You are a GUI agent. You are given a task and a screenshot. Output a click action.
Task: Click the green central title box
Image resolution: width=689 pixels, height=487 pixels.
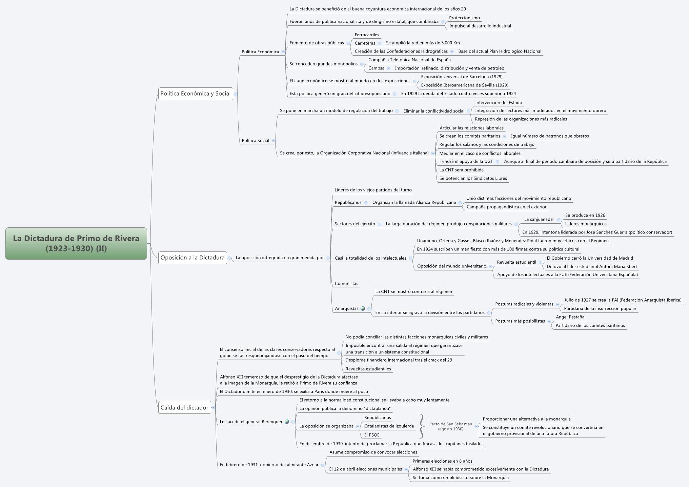pyautogui.click(x=76, y=243)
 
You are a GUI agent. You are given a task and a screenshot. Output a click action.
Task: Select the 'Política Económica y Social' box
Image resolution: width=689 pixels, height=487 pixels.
pyautogui.click(x=196, y=94)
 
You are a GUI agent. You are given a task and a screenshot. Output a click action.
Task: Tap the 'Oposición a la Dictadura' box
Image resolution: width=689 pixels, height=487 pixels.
pyautogui.click(x=192, y=258)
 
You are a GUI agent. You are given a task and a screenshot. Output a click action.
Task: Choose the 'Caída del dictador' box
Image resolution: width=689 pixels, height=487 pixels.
pyautogui.click(x=184, y=407)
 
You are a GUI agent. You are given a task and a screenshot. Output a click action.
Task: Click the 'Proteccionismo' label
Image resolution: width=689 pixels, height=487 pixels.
pyautogui.click(x=464, y=18)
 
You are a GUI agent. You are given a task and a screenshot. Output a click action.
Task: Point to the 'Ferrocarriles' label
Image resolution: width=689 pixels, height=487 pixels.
pyautogui.click(x=367, y=35)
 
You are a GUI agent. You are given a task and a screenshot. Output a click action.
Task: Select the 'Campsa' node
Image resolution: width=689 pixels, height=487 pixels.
pyautogui.click(x=376, y=68)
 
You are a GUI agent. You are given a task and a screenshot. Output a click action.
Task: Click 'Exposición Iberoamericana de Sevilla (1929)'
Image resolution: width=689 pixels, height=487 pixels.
pyautogui.click(x=464, y=85)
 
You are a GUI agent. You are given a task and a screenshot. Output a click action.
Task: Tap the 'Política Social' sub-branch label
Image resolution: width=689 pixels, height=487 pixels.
pyautogui.click(x=255, y=140)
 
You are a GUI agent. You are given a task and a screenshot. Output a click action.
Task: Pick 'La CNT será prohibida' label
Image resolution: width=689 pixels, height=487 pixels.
pyautogui.click(x=461, y=170)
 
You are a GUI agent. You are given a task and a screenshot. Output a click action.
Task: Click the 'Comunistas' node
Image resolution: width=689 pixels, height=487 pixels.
pyautogui.click(x=346, y=283)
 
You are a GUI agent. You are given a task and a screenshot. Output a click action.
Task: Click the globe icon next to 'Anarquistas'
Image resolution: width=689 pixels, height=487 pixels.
pyautogui.click(x=363, y=308)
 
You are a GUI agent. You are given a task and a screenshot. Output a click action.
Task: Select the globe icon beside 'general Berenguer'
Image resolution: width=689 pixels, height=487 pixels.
pyautogui.click(x=287, y=422)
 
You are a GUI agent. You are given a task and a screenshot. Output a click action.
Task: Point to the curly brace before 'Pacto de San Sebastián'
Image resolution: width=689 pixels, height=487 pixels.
pyautogui.click(x=421, y=426)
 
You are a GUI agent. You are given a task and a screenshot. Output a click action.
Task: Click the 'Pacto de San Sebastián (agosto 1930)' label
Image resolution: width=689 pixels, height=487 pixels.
pyautogui.click(x=450, y=426)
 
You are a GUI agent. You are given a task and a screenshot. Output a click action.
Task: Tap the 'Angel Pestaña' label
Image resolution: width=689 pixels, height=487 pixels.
pyautogui.click(x=570, y=317)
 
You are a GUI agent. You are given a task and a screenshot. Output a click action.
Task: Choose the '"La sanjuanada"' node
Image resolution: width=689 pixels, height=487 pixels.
pyautogui.click(x=538, y=219)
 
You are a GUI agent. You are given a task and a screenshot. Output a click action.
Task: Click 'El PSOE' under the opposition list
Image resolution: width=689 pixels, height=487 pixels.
pyautogui.click(x=372, y=435)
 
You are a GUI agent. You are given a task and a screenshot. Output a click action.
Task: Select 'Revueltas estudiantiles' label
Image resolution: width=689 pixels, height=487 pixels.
pyautogui.click(x=368, y=369)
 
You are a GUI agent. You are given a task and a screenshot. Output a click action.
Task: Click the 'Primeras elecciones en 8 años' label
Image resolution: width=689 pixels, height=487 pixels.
pyautogui.click(x=442, y=461)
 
